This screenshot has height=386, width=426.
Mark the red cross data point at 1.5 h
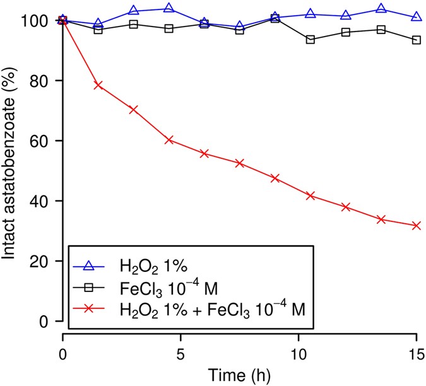98,85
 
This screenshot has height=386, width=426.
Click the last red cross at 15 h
416,226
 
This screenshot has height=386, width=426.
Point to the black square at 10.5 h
310,40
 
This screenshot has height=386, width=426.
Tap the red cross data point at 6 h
204,153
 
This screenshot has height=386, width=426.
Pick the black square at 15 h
416,40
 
